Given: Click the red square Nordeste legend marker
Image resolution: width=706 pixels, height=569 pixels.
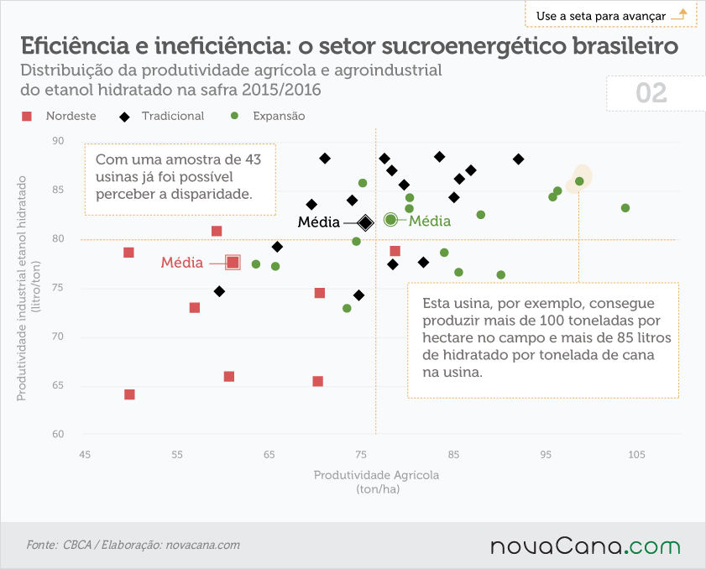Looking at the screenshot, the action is click(x=27, y=116).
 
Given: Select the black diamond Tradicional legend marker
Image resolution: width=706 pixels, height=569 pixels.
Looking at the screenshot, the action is click(x=124, y=117).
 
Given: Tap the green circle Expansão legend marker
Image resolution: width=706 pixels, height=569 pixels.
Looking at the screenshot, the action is click(x=234, y=116).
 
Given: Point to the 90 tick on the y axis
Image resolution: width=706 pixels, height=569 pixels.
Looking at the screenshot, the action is click(x=58, y=141).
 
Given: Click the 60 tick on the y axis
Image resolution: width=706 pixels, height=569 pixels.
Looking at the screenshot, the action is click(x=58, y=434).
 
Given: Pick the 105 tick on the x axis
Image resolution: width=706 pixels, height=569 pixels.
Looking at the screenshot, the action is click(x=636, y=455).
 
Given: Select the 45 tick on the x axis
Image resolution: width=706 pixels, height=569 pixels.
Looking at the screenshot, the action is click(x=85, y=455).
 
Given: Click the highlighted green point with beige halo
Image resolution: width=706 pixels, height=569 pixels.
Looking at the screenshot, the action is click(x=579, y=181).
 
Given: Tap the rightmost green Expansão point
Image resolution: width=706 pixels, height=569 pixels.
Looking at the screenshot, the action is click(x=625, y=208).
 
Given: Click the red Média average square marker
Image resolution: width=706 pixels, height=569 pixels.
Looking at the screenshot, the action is click(x=233, y=262).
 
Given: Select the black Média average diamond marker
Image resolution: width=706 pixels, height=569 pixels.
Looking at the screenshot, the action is click(x=366, y=222).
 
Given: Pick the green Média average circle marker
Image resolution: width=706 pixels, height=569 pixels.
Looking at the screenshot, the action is click(x=390, y=220).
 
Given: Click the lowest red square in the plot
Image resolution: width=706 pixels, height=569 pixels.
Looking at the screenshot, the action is click(x=129, y=394).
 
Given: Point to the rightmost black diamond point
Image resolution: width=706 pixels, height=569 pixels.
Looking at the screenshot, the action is click(x=518, y=159).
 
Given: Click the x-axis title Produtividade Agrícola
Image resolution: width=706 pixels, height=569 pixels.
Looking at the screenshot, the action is click(x=376, y=475).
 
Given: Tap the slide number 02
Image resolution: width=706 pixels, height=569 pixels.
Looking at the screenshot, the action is click(x=651, y=93).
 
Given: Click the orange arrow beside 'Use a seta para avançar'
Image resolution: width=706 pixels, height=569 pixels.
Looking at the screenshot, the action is click(x=679, y=14).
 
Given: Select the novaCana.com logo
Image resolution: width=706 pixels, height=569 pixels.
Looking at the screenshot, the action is click(x=585, y=546).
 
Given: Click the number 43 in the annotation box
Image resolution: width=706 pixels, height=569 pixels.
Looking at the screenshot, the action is click(x=253, y=159).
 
